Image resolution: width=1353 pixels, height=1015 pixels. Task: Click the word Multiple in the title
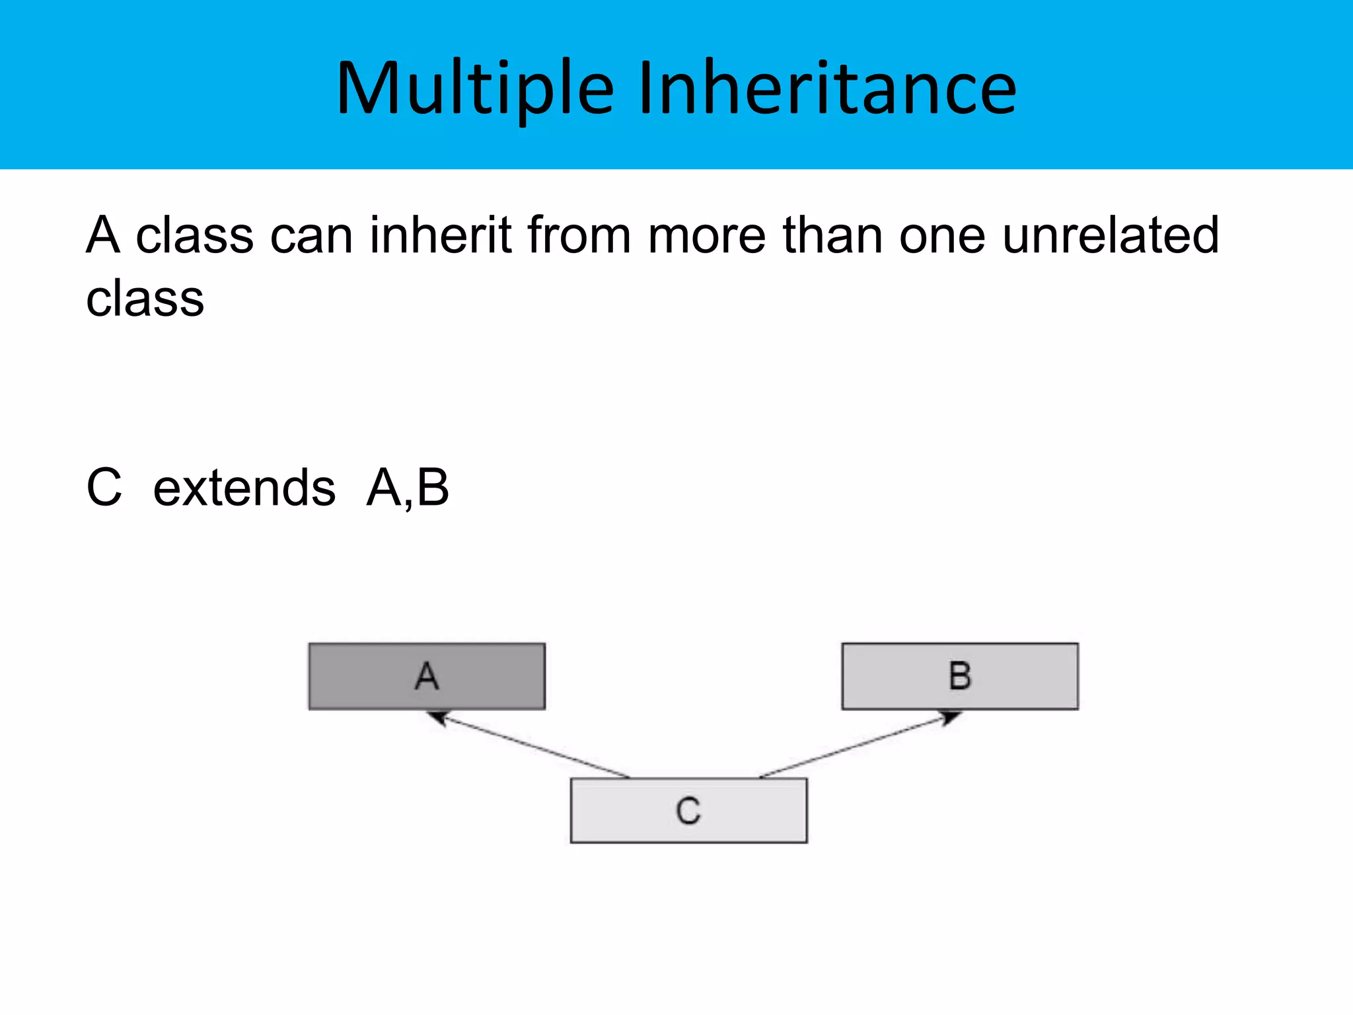click(x=475, y=89)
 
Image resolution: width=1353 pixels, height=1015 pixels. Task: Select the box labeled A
click(x=427, y=676)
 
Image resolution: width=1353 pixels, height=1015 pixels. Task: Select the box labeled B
click(x=959, y=676)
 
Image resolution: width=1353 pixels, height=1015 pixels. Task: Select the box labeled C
click(x=688, y=810)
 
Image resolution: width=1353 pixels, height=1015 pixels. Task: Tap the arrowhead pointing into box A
click(x=437, y=717)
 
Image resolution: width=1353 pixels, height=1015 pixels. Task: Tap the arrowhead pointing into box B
click(x=950, y=717)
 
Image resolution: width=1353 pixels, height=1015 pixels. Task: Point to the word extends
click(x=244, y=488)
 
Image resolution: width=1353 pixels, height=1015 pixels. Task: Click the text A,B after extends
click(x=408, y=488)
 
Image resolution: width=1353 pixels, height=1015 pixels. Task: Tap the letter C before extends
click(x=104, y=488)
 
